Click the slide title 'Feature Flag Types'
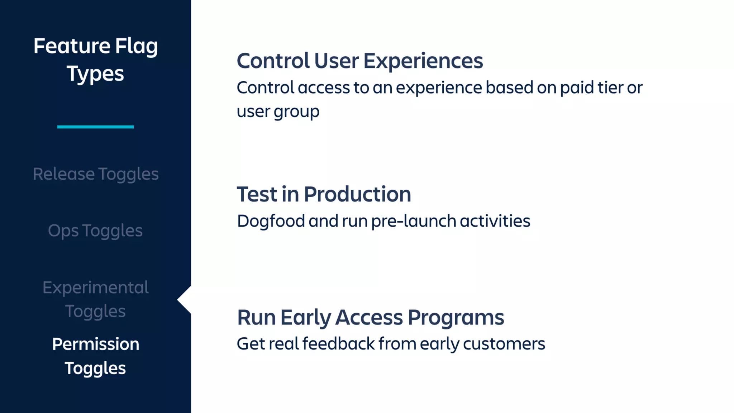(x=95, y=60)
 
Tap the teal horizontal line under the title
(x=95, y=127)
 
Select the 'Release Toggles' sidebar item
(x=95, y=174)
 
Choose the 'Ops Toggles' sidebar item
(x=95, y=231)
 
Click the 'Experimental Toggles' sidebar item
(x=95, y=299)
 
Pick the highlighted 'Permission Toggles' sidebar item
(x=95, y=356)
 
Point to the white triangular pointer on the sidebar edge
(x=185, y=300)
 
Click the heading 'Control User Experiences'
(x=359, y=61)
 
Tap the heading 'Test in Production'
(x=324, y=194)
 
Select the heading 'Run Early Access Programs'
(x=370, y=318)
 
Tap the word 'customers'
(x=504, y=344)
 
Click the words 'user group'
(x=278, y=111)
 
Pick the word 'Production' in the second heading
(x=357, y=194)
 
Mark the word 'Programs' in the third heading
(x=456, y=318)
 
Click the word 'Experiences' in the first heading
(x=423, y=61)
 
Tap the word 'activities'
(x=495, y=221)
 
